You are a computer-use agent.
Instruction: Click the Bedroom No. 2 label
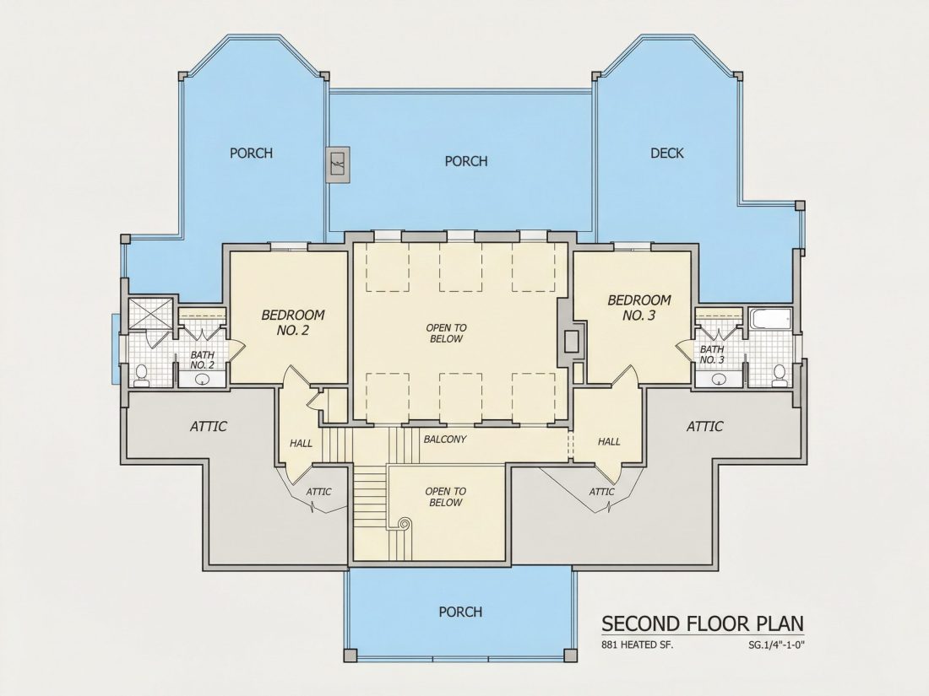[x=293, y=322]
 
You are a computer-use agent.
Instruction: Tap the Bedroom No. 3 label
[x=639, y=308]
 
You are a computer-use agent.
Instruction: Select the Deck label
[x=667, y=154]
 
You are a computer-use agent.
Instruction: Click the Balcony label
[x=445, y=440]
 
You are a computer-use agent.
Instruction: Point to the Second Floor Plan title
[x=703, y=623]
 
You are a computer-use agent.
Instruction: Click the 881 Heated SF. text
[x=638, y=645]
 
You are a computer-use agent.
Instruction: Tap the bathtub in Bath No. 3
[x=769, y=319]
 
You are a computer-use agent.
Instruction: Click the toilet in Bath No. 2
[x=142, y=375]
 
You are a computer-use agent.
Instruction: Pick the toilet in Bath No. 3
[x=780, y=375]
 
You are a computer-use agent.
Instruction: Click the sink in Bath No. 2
[x=203, y=380]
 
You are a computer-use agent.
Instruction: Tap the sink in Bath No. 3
[x=720, y=380]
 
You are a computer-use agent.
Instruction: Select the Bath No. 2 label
[x=202, y=360]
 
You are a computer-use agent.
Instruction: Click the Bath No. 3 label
[x=712, y=354]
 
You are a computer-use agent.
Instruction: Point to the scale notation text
[x=775, y=645]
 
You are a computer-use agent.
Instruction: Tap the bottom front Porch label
[x=460, y=612]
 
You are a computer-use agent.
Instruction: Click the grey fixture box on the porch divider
[x=340, y=165]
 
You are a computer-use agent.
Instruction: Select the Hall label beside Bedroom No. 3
[x=609, y=441]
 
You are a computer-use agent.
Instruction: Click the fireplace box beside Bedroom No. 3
[x=572, y=342]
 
